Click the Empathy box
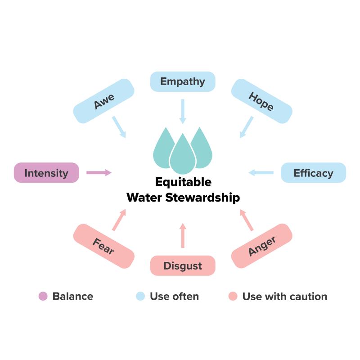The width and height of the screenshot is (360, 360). [183, 81]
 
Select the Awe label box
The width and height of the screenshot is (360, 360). [103, 101]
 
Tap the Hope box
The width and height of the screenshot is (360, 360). [261, 101]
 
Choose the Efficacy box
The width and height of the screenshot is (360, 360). [313, 173]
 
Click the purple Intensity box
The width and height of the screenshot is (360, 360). [46, 173]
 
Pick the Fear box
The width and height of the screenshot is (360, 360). [103, 246]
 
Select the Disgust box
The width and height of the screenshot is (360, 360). [183, 265]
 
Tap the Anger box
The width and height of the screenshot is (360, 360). [261, 246]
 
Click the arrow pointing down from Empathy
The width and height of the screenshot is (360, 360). [183, 111]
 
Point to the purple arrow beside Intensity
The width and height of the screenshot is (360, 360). [99, 173]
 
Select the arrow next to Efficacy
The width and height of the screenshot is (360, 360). [261, 173]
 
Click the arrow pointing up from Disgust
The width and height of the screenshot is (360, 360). [183, 235]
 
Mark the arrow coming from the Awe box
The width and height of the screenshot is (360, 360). [119, 127]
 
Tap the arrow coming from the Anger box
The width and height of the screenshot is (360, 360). [246, 220]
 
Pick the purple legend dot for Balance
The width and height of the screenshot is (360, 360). [43, 297]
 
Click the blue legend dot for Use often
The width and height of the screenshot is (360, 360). [140, 297]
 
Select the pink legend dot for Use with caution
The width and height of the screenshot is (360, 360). [233, 297]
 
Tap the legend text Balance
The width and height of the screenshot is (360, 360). [73, 297]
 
